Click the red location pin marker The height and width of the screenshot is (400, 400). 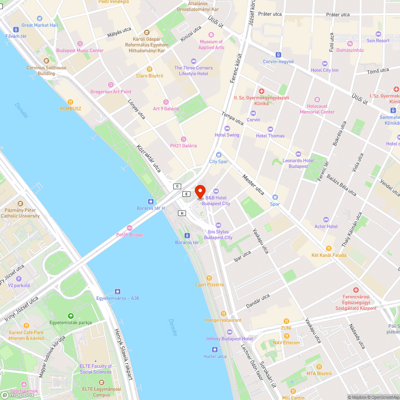(200, 191)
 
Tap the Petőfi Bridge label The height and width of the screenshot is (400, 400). (129, 234)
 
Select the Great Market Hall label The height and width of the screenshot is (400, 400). (40, 25)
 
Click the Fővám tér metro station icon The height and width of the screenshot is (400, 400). (16, 30)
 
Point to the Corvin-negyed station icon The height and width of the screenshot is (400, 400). (278, 55)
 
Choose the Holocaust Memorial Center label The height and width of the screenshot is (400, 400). (317, 109)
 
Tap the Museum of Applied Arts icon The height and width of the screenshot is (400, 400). (211, 35)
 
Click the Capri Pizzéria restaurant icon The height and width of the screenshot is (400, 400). (209, 278)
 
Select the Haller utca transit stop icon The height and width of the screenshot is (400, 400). (215, 350)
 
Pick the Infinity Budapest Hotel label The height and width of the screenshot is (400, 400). (229, 338)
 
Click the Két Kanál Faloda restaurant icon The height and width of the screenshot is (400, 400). (329, 248)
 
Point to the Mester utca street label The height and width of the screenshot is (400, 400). (254, 185)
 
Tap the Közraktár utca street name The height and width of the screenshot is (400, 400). (148, 158)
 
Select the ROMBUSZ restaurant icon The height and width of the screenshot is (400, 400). (70, 102)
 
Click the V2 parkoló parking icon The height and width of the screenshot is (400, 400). (19, 279)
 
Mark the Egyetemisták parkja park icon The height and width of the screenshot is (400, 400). (70, 316)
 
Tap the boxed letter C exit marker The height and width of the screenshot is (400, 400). (177, 186)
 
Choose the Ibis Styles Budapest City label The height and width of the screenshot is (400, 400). (218, 234)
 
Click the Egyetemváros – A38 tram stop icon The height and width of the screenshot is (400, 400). (118, 292)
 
